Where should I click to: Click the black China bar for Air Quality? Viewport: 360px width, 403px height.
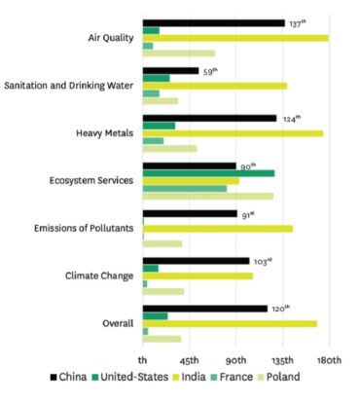coord(213,22)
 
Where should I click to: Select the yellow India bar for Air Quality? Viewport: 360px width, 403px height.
coord(234,38)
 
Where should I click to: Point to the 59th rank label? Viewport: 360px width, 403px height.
coord(209,70)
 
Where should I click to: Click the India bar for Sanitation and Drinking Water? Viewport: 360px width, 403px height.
coord(214,86)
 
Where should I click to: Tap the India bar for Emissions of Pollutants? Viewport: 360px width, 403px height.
coord(217,229)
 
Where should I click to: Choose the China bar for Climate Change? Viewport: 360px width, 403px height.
coord(196,261)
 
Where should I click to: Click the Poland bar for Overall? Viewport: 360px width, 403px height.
coord(162,339)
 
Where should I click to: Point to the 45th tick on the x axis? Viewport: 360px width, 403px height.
coord(190,357)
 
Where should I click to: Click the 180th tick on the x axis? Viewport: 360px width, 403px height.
coord(329,357)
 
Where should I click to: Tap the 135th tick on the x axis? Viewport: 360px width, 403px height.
coord(282,357)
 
